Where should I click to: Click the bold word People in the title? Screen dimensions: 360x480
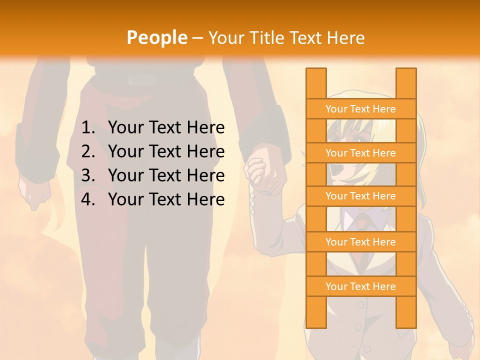pos(156,37)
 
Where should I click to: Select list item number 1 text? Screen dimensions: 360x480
pos(166,128)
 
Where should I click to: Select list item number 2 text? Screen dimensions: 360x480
pos(166,151)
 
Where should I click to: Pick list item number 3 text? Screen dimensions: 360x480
pos(166,175)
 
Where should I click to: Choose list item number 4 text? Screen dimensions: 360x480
pos(166,199)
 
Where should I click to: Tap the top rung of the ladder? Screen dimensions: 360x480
pos(360,109)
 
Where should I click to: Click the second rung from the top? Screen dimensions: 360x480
pos(360,153)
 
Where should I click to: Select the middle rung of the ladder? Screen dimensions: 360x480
pos(360,196)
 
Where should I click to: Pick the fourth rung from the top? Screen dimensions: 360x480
pos(360,242)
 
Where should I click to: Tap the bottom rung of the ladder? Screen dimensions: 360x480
pos(360,286)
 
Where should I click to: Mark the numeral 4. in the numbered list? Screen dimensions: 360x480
pos(88,199)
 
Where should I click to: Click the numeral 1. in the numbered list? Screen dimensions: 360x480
pos(88,128)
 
